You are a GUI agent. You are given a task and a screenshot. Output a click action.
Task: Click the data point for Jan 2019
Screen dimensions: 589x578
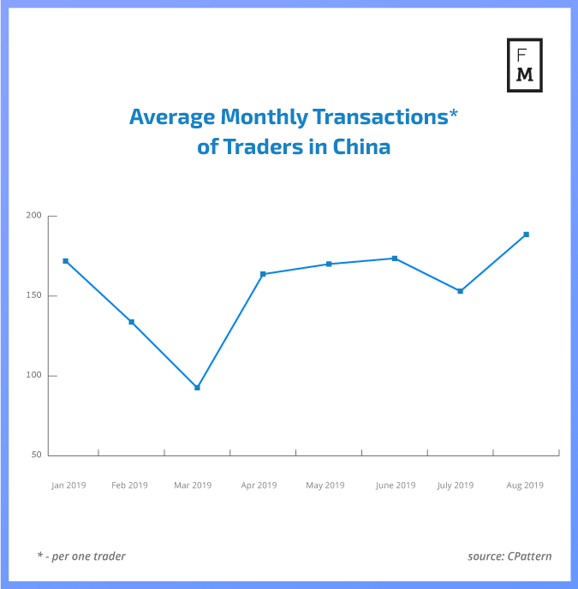click(x=66, y=261)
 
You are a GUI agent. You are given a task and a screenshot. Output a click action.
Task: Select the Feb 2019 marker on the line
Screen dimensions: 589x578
click(x=132, y=322)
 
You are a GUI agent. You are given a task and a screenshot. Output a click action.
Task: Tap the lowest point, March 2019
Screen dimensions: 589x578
click(x=198, y=388)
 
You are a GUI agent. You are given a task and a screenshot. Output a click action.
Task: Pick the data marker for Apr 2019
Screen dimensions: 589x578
click(x=263, y=274)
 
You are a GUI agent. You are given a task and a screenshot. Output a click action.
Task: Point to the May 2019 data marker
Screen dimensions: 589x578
click(x=329, y=264)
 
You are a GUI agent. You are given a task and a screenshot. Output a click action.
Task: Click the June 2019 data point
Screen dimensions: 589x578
click(x=395, y=259)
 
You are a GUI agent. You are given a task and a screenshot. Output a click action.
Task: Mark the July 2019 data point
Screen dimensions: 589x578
click(x=461, y=291)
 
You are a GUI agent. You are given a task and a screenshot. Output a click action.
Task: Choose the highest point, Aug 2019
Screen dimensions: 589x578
click(x=526, y=234)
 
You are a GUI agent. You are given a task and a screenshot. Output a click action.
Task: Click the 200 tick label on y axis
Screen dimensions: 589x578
click(x=33, y=216)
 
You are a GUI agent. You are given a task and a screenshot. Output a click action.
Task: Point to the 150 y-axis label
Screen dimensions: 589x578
click(x=33, y=296)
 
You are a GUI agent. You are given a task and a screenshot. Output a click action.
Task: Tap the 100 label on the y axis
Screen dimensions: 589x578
click(x=33, y=376)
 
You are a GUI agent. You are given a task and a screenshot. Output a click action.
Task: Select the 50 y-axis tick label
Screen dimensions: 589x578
click(x=35, y=455)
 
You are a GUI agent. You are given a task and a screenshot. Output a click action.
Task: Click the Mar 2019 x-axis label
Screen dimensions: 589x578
click(x=193, y=485)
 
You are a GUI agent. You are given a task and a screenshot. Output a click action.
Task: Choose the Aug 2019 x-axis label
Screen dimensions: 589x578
click(x=525, y=485)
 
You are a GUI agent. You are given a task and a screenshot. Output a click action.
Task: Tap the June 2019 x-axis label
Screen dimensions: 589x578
click(x=395, y=485)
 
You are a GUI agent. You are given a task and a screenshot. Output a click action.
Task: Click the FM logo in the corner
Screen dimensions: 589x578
click(x=524, y=65)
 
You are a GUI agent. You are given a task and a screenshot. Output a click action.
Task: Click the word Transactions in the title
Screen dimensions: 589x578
click(x=379, y=117)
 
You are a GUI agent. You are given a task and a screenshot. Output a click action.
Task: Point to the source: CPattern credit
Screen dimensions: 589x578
click(x=509, y=556)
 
